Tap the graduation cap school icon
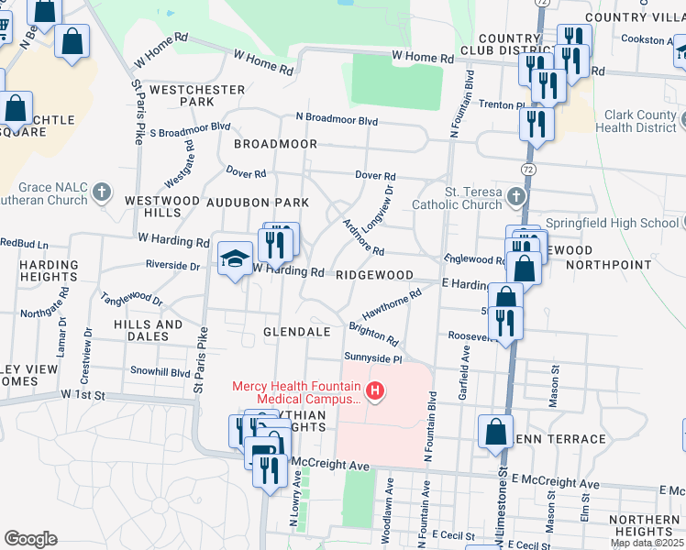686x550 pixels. pos(235,258)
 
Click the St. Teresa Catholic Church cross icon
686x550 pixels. pos(517,196)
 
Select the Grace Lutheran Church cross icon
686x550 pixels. pos(102,193)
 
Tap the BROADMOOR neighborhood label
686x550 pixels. pos(275,145)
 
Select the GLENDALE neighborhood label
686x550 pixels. pos(296,332)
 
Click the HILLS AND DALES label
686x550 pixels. pos(148,331)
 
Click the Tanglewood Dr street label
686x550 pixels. pos(131,300)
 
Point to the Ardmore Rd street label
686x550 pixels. pos(362,238)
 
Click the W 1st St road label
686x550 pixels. pos(84,394)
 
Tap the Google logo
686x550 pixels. pos(30,539)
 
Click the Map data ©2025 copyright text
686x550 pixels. pos(647,543)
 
